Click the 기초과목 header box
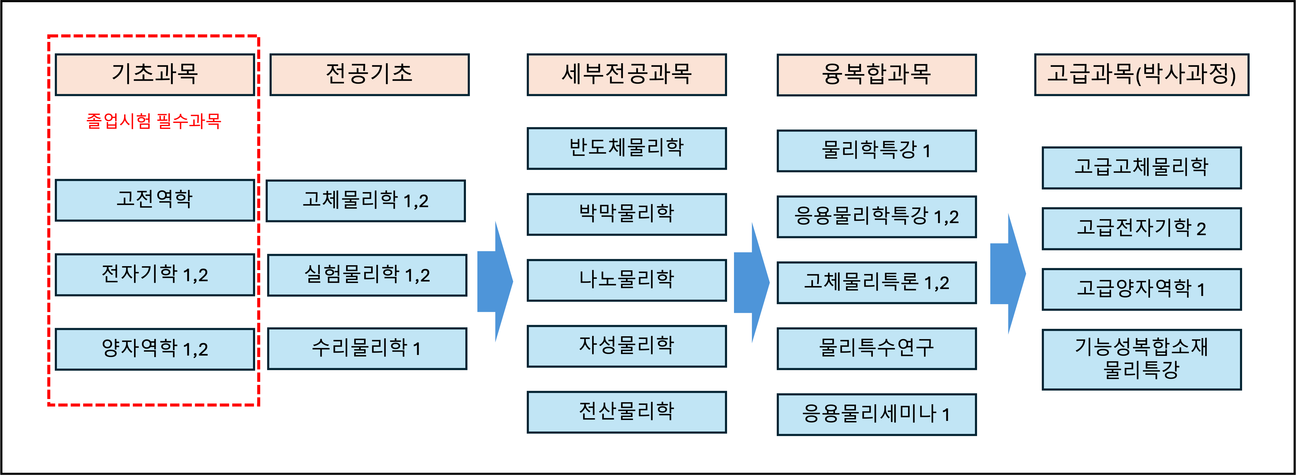tap(155, 74)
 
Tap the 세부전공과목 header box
tap(626, 74)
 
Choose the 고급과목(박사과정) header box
tap(1141, 74)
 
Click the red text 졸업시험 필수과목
tap(153, 121)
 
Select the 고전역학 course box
tap(155, 200)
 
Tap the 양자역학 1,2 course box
tap(155, 349)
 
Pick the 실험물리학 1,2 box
tap(367, 275)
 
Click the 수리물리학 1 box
tap(367, 349)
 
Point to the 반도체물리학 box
tap(626, 148)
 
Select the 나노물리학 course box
tap(626, 280)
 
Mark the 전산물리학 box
tap(626, 412)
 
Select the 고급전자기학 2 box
tap(1141, 229)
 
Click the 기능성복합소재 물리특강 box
tap(1141, 359)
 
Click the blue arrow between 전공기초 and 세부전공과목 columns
tap(495, 282)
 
